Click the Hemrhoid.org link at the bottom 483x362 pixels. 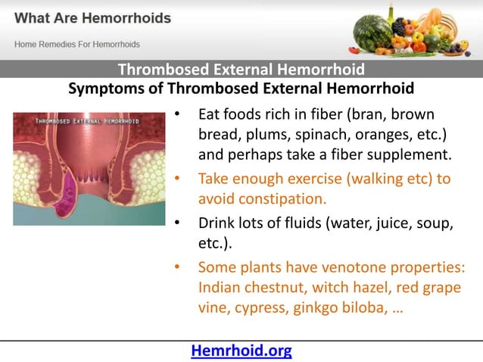coord(241,351)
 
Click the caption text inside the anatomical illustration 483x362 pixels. coord(89,121)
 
